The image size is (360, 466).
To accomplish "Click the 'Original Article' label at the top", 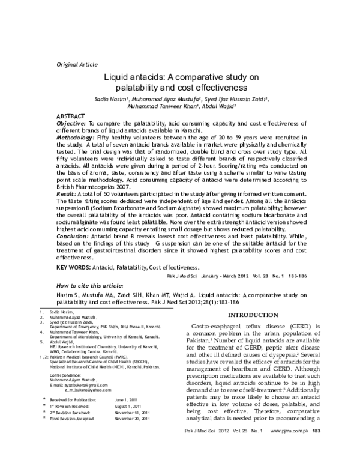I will tap(76, 64).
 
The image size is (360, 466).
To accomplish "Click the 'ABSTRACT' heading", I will tap(71, 115).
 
